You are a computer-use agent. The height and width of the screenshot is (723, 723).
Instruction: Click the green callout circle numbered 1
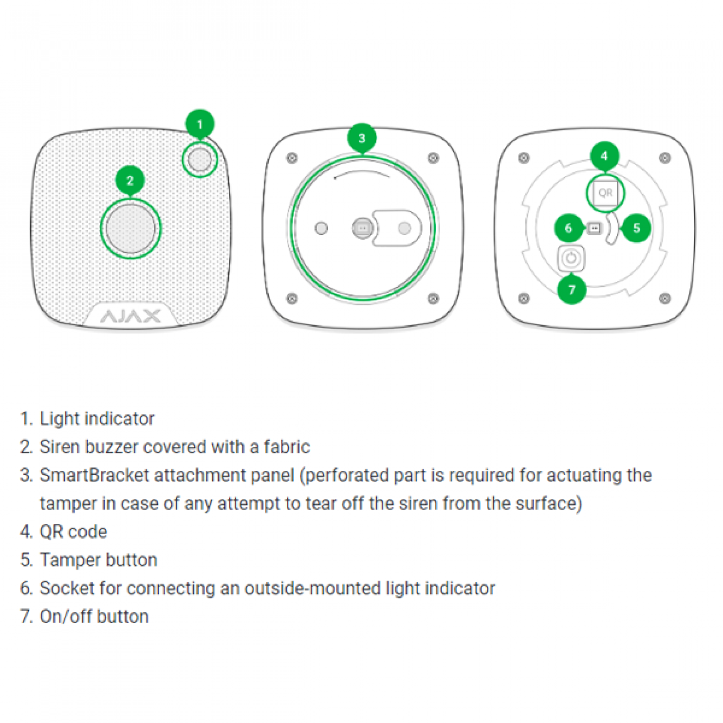200,124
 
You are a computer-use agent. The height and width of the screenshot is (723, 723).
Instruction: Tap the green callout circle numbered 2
129,180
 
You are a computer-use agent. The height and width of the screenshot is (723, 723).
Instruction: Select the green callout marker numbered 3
361,138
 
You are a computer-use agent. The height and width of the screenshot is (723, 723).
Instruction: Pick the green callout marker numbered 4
604,155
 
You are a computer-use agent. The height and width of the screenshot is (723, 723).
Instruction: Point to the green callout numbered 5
636,228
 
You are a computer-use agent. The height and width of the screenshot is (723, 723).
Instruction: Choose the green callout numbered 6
568,228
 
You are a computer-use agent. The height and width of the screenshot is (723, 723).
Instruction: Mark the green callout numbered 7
571,290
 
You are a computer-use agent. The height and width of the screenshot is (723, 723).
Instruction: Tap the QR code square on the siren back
605,193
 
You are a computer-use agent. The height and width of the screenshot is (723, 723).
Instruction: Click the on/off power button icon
571,258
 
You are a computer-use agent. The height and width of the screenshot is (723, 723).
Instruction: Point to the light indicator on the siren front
200,159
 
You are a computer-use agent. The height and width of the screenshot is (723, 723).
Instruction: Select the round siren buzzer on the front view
130,228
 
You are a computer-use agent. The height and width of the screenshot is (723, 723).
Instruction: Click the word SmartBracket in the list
94,475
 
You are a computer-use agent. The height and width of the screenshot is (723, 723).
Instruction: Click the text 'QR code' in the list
73,532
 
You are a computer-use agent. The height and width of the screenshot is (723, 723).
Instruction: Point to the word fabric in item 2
287,447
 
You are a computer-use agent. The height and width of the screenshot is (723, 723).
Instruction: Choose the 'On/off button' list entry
94,616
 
